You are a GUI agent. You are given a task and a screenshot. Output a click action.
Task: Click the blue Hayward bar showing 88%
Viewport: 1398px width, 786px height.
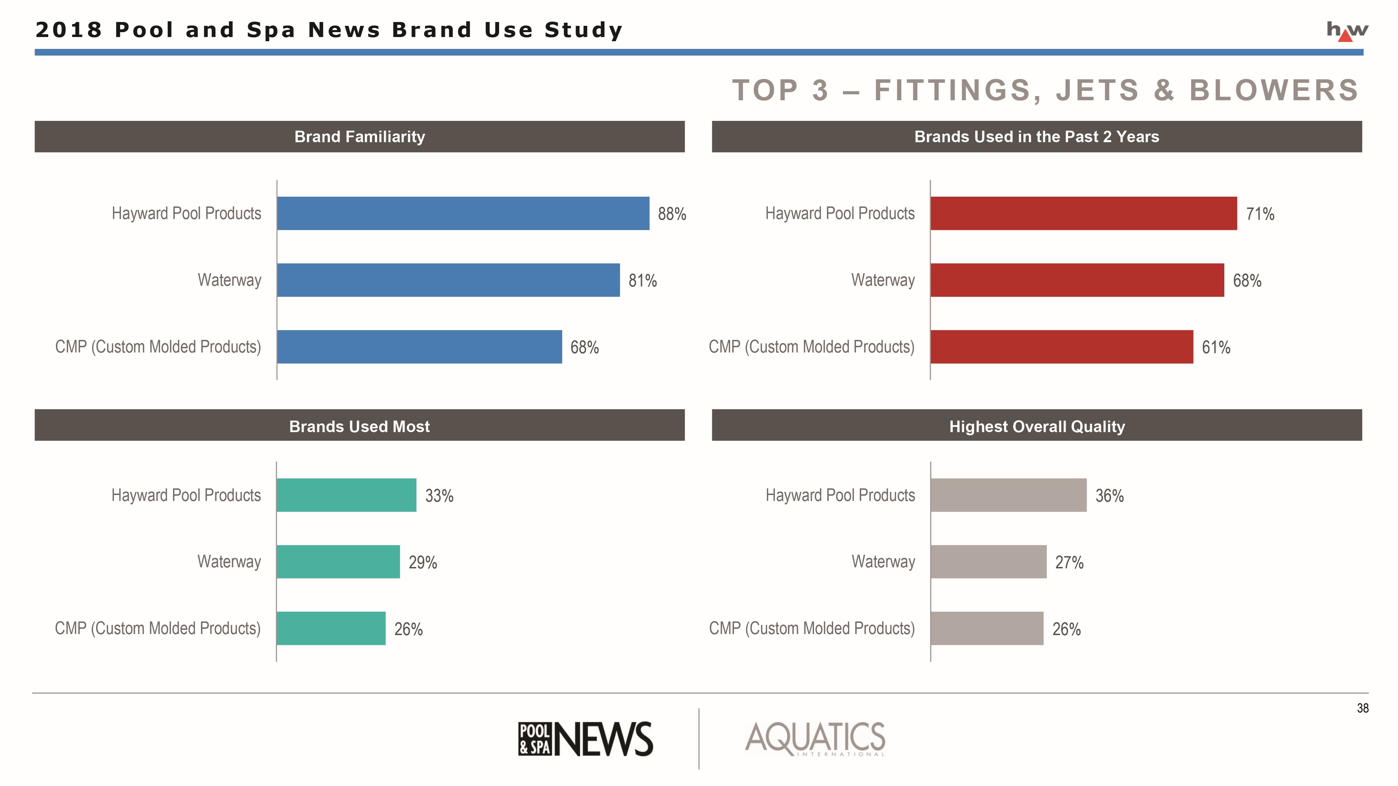[x=463, y=213]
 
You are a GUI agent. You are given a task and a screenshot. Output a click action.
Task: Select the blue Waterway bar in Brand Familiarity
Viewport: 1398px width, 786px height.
[x=448, y=280]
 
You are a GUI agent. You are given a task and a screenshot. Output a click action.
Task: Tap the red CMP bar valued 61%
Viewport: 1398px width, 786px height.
[x=1061, y=347]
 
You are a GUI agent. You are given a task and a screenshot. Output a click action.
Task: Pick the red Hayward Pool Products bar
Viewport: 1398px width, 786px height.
[x=1083, y=213]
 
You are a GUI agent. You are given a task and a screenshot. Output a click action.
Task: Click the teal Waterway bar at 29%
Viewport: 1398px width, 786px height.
[x=338, y=561]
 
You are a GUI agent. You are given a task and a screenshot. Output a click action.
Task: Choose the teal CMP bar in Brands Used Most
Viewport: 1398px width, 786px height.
[x=331, y=628]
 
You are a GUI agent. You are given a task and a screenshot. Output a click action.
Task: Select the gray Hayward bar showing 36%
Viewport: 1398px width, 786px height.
[x=1008, y=495]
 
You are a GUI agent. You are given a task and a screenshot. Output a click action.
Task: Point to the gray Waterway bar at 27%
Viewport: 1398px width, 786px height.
[x=988, y=561]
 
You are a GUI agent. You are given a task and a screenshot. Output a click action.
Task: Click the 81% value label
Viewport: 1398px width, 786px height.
[x=643, y=281]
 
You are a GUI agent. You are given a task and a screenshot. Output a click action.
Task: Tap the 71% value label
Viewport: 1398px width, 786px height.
[x=1260, y=214]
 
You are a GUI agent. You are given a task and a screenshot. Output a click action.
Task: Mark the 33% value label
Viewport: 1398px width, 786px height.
[x=439, y=496]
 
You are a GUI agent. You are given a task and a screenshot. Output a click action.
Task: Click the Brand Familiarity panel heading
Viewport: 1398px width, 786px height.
[x=359, y=137]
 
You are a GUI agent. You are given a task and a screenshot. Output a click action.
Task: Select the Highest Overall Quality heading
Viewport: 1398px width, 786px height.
[x=1037, y=426]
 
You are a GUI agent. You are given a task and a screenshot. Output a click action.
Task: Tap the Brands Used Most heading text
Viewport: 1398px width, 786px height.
[x=359, y=426]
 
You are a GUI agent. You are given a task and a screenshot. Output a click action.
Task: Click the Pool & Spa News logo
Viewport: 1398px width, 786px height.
[x=585, y=739]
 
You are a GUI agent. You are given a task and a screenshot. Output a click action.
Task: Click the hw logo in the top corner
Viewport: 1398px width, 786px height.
[x=1347, y=31]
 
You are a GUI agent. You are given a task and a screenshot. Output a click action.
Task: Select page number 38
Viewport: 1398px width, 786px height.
[x=1362, y=708]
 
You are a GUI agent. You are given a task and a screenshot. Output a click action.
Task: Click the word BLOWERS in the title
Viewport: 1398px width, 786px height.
[x=1274, y=90]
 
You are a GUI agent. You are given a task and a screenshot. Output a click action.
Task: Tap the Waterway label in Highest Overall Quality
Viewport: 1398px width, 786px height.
[x=883, y=561]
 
